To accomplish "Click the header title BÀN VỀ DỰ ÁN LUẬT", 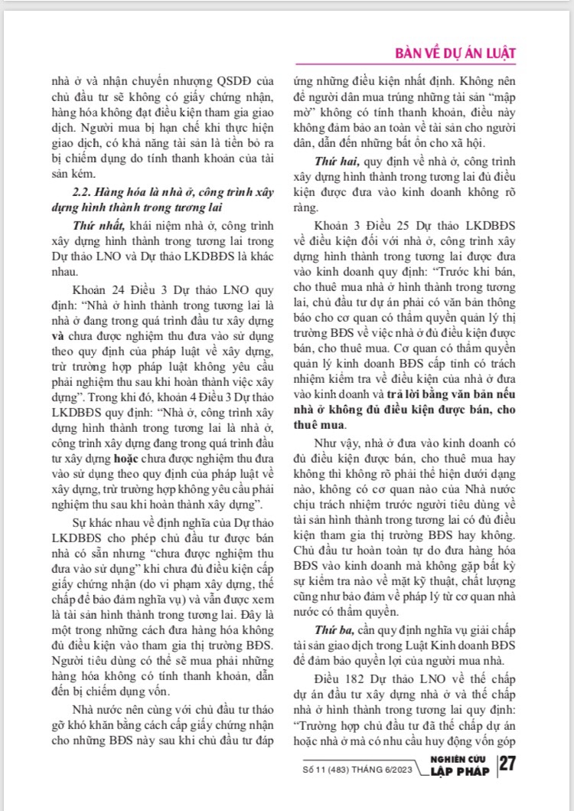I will pyautogui.click(x=454, y=54).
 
